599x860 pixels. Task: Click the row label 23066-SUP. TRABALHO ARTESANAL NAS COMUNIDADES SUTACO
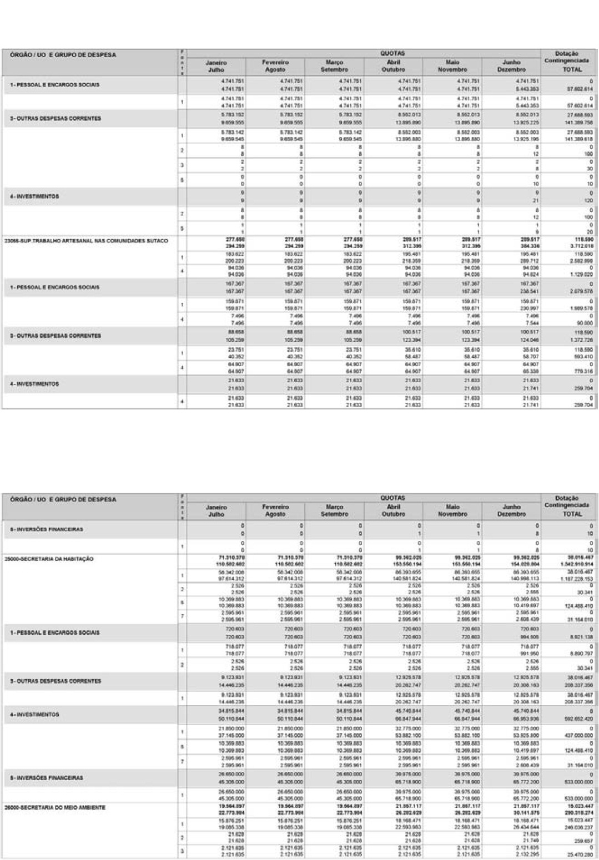86,241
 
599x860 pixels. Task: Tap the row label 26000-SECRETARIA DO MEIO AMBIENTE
54,807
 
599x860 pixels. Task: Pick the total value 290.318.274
578,812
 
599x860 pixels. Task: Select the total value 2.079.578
582,290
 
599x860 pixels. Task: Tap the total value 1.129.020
582,274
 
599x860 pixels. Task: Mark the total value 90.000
585,322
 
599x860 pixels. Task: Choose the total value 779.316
583,371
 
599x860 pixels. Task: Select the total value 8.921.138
582,637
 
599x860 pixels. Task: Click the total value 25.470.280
581,854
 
